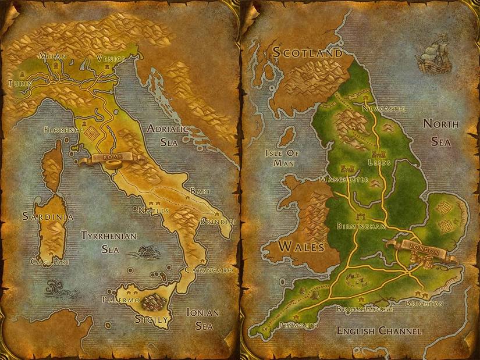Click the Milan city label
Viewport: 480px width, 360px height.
[x=53, y=56]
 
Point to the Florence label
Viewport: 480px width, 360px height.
[x=64, y=130]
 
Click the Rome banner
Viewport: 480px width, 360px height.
[x=109, y=158]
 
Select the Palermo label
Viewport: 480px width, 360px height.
[x=121, y=300]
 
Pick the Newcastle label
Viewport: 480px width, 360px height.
[x=382, y=109]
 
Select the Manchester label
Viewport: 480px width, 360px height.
[x=344, y=180]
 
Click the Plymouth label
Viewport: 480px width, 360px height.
[x=298, y=325]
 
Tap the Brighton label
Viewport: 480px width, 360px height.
[x=424, y=304]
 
